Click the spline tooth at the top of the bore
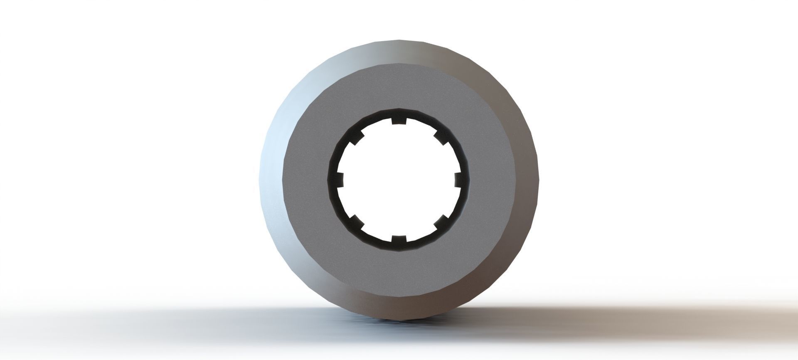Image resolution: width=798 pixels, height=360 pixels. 399,121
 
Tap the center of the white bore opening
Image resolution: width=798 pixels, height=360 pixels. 399,180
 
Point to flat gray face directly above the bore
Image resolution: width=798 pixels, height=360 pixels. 399,89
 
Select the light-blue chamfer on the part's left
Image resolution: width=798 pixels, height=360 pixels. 272,166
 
